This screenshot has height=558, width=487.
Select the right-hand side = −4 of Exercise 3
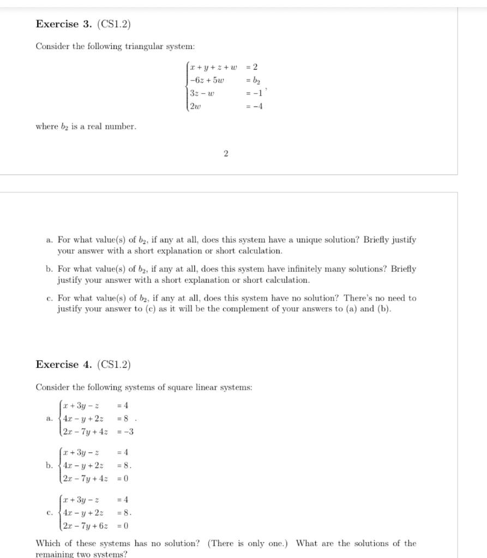coord(255,106)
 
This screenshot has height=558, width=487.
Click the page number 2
coord(226,154)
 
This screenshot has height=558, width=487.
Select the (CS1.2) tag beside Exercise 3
coord(114,24)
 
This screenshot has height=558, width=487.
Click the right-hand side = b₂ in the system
coord(253,80)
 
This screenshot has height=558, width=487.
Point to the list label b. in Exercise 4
coord(49,465)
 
